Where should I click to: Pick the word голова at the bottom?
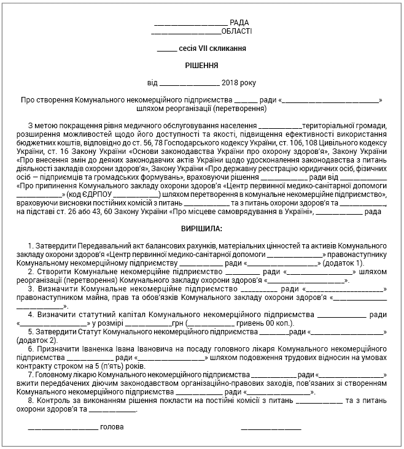click(x=112, y=426)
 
